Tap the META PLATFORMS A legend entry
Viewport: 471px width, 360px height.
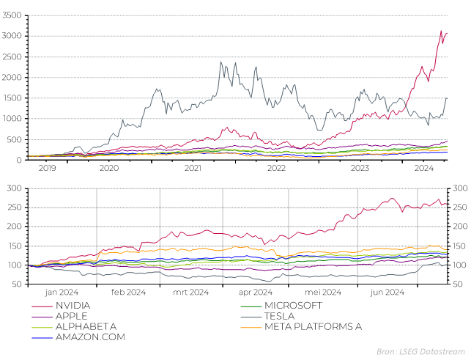click(313, 326)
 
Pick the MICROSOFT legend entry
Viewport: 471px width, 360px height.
click(293, 305)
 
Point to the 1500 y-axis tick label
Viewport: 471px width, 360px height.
click(14, 98)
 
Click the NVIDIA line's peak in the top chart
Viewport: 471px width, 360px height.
click(441, 31)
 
